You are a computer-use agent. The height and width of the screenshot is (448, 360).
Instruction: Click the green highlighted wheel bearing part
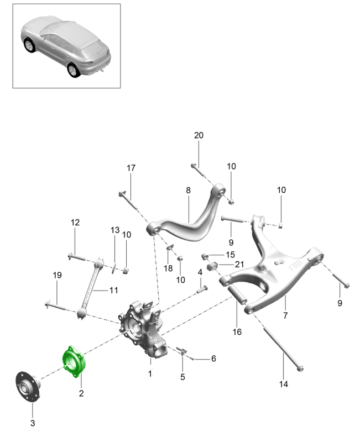[x=75, y=362]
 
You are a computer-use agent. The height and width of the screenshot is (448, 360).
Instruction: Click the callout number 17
[x=131, y=167]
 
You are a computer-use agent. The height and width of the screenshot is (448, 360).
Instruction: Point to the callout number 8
[x=188, y=190]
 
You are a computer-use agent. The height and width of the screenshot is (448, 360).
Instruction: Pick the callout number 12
[x=75, y=223]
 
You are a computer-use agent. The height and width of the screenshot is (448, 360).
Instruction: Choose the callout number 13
[x=114, y=230]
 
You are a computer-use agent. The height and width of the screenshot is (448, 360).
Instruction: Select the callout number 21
[x=239, y=265]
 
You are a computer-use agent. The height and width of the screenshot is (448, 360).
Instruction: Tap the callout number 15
[x=230, y=254]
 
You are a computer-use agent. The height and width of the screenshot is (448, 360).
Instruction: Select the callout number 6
[x=213, y=359]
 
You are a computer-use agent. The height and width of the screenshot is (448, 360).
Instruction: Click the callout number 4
[x=200, y=271]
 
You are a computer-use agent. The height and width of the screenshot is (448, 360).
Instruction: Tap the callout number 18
[x=168, y=268]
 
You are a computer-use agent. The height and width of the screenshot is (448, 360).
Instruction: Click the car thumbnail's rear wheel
[x=73, y=70]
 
